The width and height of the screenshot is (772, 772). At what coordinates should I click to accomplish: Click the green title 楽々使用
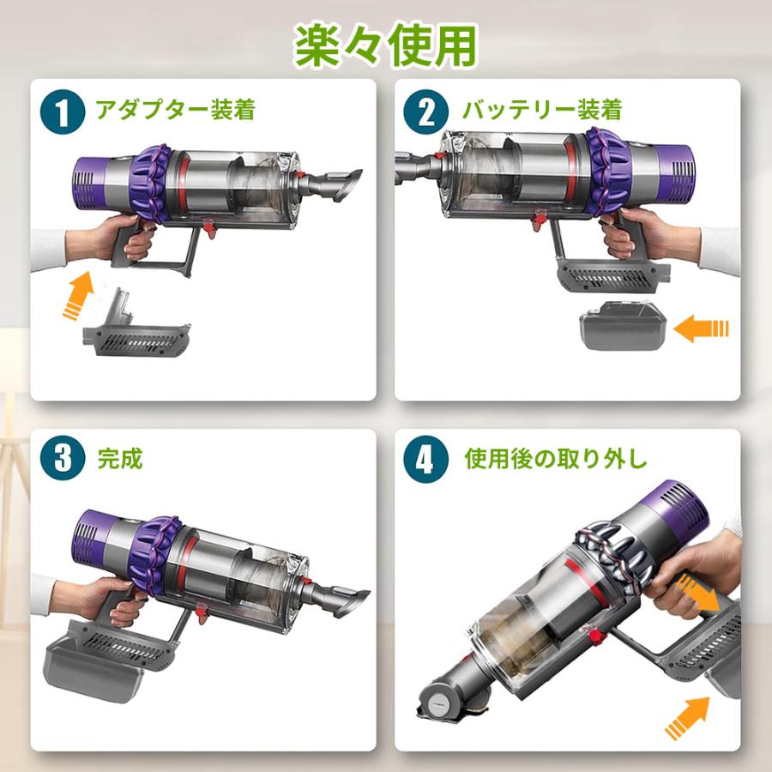point(385,45)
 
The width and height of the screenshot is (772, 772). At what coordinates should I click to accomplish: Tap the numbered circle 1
point(63,112)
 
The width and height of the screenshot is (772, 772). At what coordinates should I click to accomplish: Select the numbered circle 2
point(425,112)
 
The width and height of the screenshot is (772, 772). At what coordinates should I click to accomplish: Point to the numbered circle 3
point(63,458)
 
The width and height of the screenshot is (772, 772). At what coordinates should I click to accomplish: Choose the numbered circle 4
point(425,460)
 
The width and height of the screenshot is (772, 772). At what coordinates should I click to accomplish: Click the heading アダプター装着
point(175,109)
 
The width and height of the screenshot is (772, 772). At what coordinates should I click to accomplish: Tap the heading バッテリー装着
point(542,109)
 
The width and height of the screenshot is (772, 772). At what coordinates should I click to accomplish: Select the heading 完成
point(119,459)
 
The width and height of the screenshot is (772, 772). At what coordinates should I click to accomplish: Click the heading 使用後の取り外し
point(555,459)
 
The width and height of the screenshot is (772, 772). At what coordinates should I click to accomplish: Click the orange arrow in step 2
point(701,329)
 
